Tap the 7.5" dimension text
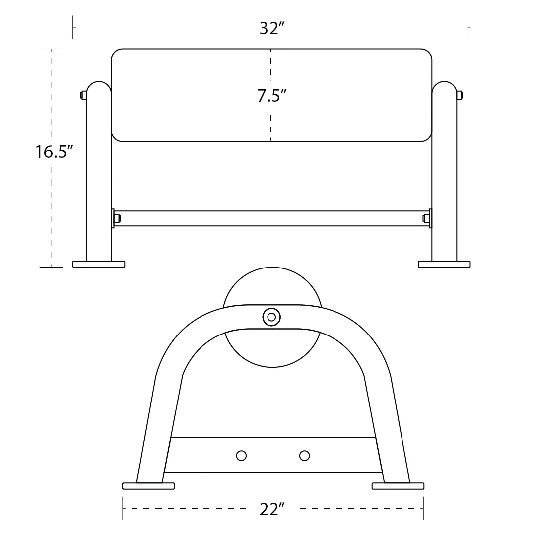click(x=272, y=96)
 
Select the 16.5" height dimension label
click(x=55, y=152)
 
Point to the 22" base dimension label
click(x=272, y=509)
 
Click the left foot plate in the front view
click(x=99, y=264)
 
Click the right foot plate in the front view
click(x=444, y=264)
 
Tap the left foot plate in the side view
click(x=148, y=486)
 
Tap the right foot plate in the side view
click(x=398, y=486)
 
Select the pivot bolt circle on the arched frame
click(x=271, y=317)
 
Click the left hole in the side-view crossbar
click(x=241, y=455)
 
